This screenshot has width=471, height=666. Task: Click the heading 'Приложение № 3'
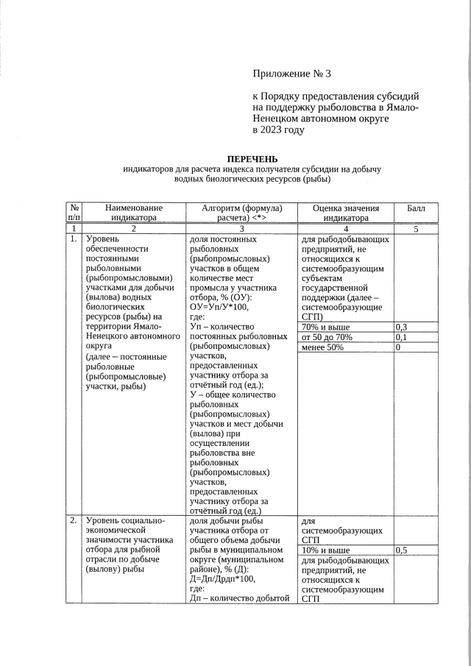[292, 74]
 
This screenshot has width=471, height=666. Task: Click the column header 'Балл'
[416, 208]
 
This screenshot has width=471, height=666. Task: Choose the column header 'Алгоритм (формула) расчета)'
[241, 213]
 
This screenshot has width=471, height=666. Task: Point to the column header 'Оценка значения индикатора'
[345, 213]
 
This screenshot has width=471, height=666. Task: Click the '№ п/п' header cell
[74, 213]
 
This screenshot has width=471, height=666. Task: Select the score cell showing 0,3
[403, 327]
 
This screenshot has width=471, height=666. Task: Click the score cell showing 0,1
[403, 337]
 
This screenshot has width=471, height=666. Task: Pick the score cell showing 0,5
[403, 550]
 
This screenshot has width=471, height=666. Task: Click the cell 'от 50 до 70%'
[327, 337]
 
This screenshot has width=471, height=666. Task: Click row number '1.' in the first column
[74, 239]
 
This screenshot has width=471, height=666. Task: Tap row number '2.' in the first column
[74, 520]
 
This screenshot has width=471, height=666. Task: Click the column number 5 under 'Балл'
[416, 229]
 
